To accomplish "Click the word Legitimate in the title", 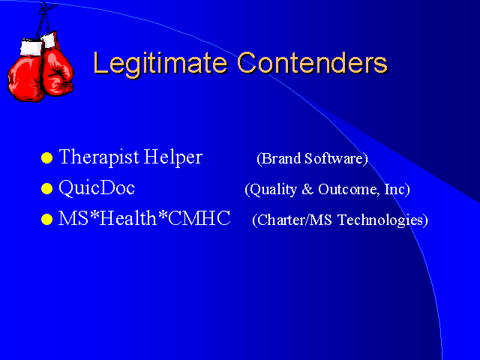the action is coord(160,63).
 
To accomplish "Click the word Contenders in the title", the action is coord(313,63).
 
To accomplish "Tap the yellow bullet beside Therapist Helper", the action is coord(46,158).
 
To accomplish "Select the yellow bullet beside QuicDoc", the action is coord(46,188).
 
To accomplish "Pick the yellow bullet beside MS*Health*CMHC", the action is coord(46,219).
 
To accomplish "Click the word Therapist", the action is coord(99,157).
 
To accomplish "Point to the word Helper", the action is coord(173,157).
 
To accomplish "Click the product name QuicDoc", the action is coord(97,187).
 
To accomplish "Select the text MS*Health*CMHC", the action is coord(145,218).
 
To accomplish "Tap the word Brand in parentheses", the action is coord(279,158).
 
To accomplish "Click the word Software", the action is coord(336,158).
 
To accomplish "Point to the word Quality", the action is coord(271,190).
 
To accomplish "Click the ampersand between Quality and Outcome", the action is coord(307,189).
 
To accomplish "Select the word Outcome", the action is coord(346,189).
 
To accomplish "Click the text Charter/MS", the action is coord(292,220).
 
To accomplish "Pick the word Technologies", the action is coord(382,220).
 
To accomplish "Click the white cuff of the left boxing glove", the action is coord(31,47).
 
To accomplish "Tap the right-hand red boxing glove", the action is coord(57,72).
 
